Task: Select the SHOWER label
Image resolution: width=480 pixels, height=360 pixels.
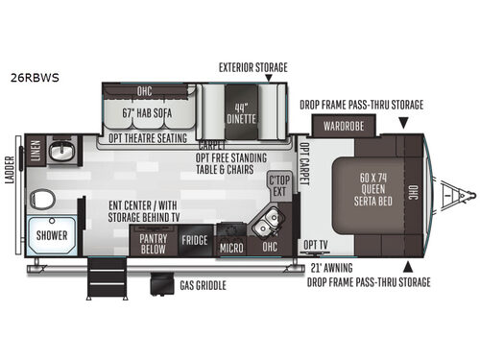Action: click(50, 234)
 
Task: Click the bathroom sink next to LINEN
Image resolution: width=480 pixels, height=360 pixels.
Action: click(62, 152)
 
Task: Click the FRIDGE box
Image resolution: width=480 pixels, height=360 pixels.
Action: click(196, 241)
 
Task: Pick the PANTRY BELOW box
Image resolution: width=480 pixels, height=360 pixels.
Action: click(154, 241)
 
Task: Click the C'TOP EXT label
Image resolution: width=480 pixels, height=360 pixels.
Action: click(279, 184)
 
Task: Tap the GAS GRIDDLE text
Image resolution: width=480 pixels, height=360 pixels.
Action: click(204, 285)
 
